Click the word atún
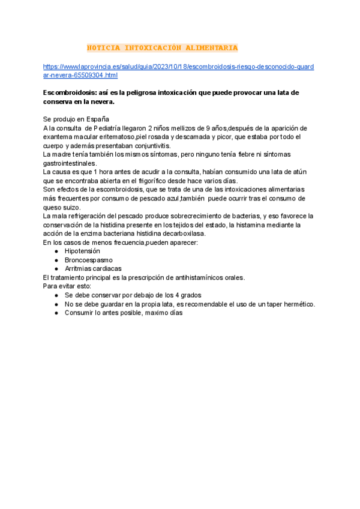click(x=299, y=172)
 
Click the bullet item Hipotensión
click(x=82, y=251)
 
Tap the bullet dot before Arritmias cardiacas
click(x=56, y=269)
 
